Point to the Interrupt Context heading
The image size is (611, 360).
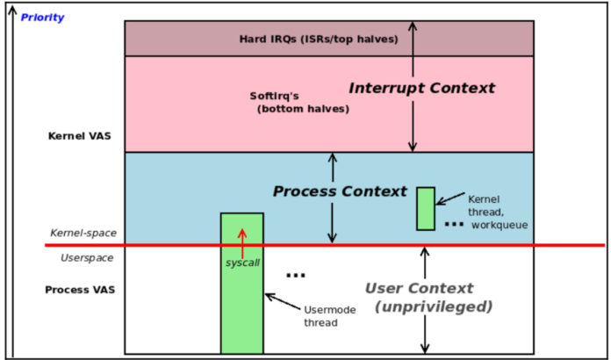click(421, 88)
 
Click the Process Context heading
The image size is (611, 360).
click(340, 191)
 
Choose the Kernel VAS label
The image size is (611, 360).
click(80, 136)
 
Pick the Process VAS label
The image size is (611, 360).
click(81, 289)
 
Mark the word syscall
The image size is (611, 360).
click(241, 262)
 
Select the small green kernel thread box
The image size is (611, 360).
click(426, 208)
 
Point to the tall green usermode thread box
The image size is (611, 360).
click(241, 299)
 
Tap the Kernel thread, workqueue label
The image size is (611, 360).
click(496, 212)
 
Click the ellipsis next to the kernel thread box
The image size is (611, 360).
click(453, 224)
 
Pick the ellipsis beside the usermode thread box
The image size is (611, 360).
click(296, 275)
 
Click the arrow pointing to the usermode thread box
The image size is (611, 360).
click(282, 301)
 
